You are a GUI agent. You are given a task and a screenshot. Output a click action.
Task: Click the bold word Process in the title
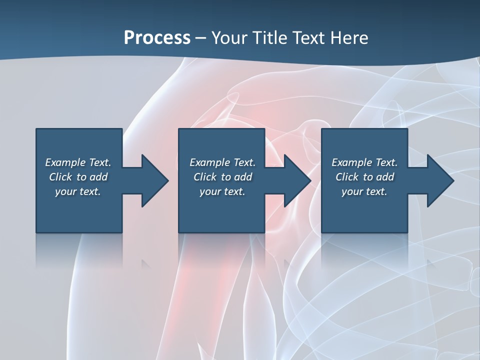pos(157,37)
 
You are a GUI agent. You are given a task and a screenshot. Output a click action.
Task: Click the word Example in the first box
pos(65,162)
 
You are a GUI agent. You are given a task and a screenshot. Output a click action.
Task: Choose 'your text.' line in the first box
pos(78,191)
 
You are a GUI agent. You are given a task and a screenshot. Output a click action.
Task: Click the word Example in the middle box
pos(209,162)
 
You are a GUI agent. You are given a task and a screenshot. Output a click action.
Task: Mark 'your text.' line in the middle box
pos(222,191)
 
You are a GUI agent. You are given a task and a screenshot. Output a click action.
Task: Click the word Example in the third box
pos(351,162)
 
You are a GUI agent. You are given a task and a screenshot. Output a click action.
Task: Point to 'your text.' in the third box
pos(364,191)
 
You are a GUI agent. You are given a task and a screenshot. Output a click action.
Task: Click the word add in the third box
pos(385,177)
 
